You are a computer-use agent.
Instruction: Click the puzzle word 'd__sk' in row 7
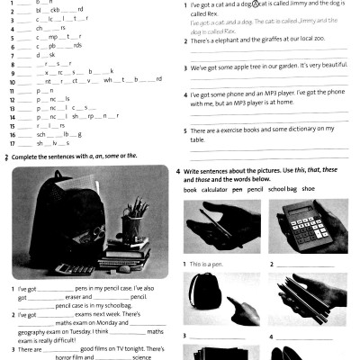46,55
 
